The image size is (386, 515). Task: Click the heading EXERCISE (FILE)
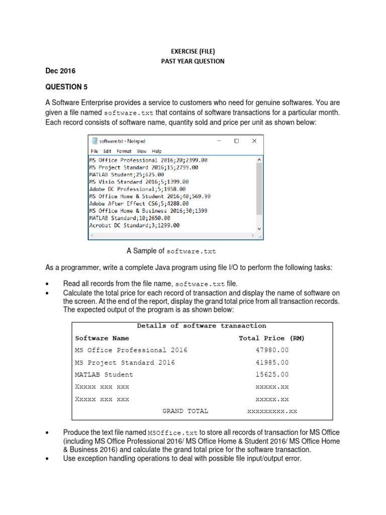click(x=192, y=51)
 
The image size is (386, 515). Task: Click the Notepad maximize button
click(x=236, y=141)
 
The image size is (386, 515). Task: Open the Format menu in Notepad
click(x=124, y=151)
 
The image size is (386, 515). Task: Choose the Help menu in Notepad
click(x=157, y=151)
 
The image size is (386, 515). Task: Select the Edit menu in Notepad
click(x=108, y=151)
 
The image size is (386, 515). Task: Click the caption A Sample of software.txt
click(x=171, y=250)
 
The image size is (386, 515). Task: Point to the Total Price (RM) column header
click(x=271, y=338)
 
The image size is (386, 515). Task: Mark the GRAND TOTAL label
click(x=185, y=411)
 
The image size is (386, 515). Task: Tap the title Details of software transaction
click(x=202, y=326)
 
